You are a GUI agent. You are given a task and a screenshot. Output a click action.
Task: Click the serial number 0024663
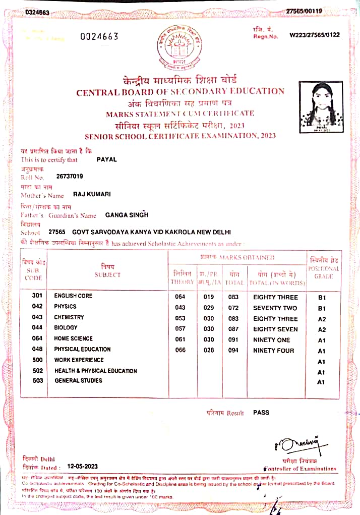pyautogui.click(x=99, y=36)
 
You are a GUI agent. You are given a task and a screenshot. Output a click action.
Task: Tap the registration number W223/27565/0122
pyautogui.click(x=315, y=35)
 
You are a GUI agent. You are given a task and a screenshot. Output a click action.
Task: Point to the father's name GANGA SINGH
pyautogui.click(x=127, y=215)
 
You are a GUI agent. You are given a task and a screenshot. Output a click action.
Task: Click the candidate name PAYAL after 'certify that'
pyautogui.click(x=106, y=159)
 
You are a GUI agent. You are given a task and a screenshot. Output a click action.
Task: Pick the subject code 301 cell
pyautogui.click(x=37, y=296)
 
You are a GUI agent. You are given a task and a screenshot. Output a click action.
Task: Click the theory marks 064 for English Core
pyautogui.click(x=180, y=297)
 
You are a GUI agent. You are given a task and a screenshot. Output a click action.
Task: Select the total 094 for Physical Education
pyautogui.click(x=232, y=350)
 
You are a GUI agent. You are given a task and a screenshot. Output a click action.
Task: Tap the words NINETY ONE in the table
pyautogui.click(x=272, y=339)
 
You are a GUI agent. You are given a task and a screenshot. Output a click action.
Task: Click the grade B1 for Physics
pyautogui.click(x=322, y=308)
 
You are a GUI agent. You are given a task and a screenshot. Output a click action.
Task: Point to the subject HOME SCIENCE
pyautogui.click(x=74, y=338)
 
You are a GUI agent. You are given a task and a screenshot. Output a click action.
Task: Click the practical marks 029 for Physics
pyautogui.click(x=209, y=307)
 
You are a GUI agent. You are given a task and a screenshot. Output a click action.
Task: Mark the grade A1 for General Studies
pyautogui.click(x=321, y=382)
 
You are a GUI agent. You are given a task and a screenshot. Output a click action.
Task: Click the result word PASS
pyautogui.click(x=261, y=412)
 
